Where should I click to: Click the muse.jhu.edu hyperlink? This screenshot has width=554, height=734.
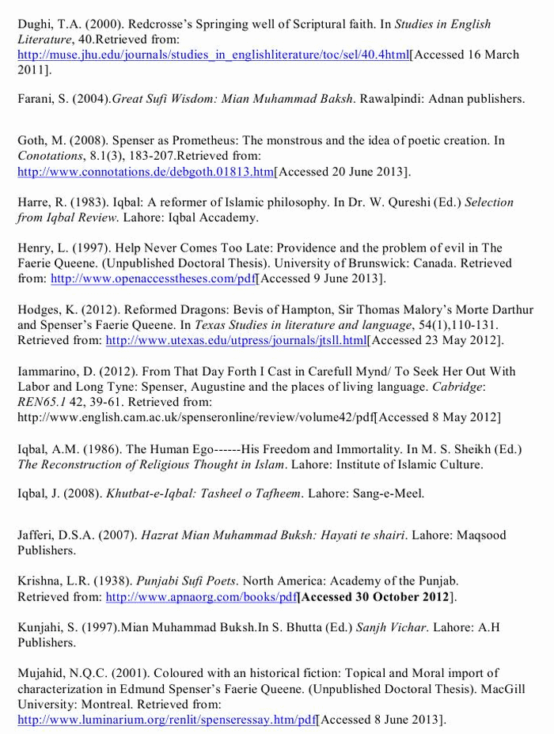point(213,55)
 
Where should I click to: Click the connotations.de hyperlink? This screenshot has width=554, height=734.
point(146,172)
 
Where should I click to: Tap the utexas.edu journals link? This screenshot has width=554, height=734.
point(237,340)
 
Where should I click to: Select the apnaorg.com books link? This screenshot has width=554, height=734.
point(202,597)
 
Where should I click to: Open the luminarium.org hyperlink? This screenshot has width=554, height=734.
point(167,720)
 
